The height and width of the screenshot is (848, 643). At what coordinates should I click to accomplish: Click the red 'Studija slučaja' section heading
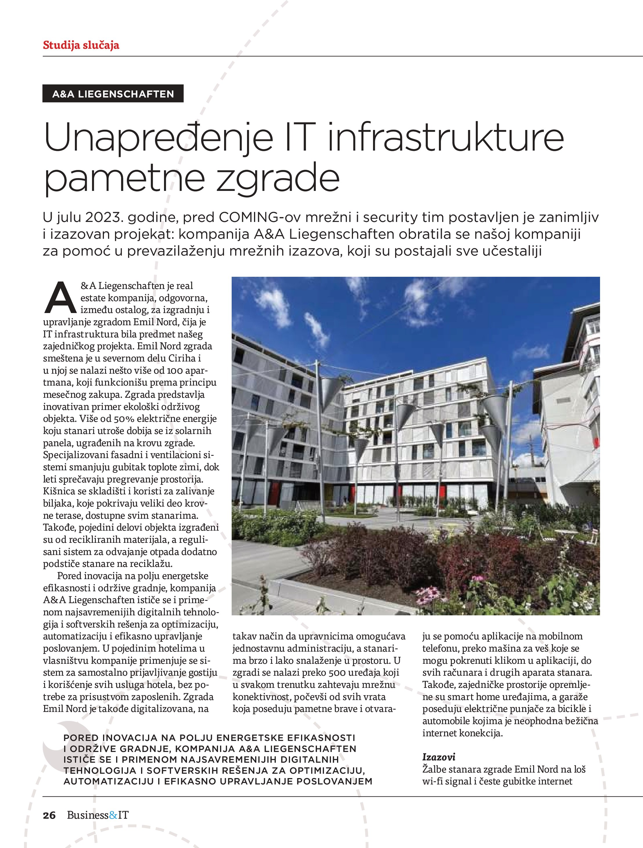(x=81, y=45)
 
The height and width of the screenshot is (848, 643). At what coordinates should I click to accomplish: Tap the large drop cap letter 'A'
(x=60, y=298)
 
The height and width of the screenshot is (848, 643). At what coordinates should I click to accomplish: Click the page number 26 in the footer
(x=49, y=815)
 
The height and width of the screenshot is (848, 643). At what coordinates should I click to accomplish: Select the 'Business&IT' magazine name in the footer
(x=98, y=815)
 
